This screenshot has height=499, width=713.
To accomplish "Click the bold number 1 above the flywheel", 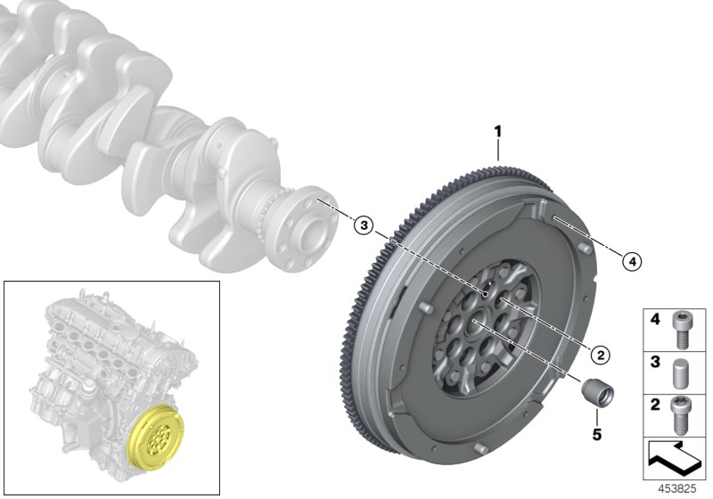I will click(x=498, y=133).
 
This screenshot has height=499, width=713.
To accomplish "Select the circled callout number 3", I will click(x=361, y=225).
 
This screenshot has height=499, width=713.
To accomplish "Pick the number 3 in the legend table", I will click(x=653, y=364).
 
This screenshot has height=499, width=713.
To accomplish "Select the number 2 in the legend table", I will click(x=653, y=405).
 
